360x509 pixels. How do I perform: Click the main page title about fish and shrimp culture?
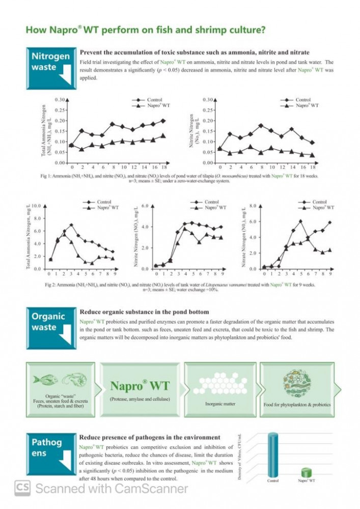tap(145, 30)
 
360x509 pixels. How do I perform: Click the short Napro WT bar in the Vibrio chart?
tap(306, 472)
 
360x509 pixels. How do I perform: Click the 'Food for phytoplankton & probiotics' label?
tap(297, 405)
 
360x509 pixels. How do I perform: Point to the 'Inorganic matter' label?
tap(220, 404)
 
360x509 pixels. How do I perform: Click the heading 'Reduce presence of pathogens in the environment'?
tap(150, 437)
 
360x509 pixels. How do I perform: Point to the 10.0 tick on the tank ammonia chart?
tap(35, 206)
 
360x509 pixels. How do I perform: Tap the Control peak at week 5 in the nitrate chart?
tap(300, 221)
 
